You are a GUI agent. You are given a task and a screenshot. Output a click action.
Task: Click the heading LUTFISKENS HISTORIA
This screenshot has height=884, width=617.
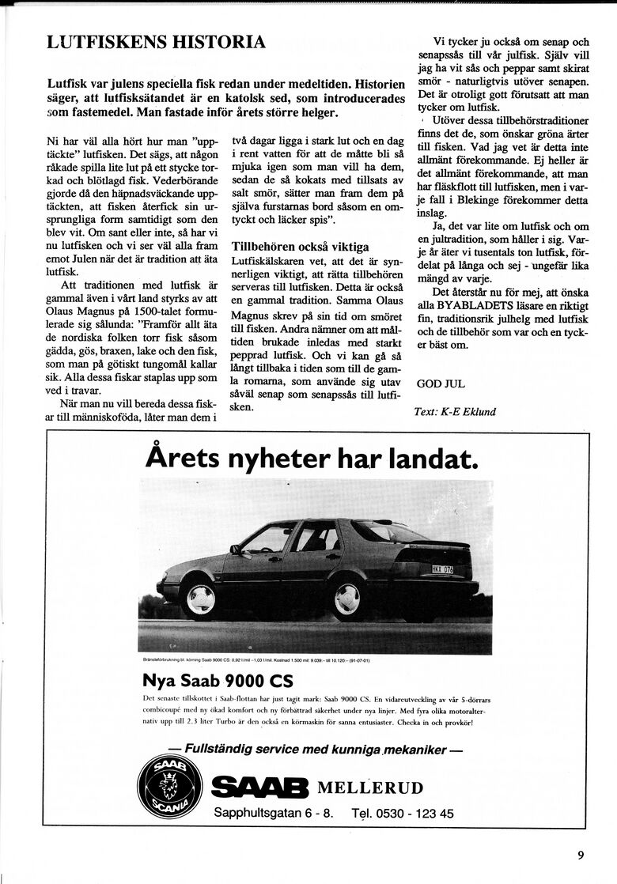(156, 43)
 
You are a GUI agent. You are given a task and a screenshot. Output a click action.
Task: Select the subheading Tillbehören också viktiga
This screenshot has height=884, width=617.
(300, 247)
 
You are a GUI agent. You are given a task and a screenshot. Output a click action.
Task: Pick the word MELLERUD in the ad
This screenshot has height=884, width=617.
(369, 788)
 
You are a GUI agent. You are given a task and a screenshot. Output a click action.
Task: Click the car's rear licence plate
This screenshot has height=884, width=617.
(441, 569)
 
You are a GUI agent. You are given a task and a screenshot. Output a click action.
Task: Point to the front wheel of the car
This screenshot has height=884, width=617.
(199, 598)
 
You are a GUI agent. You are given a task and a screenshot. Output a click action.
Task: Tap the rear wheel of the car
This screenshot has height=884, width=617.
(347, 598)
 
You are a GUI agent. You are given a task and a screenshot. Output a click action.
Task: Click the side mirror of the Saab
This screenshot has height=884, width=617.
(235, 549)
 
